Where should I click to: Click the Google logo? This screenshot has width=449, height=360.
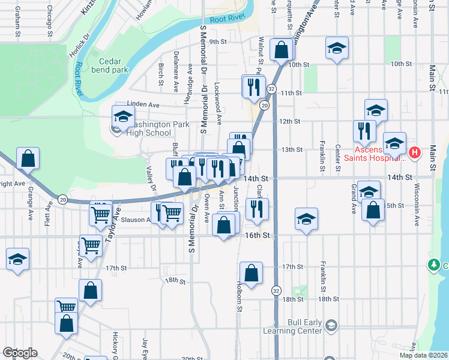(x=20, y=353)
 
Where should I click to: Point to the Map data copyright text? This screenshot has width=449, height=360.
(x=424, y=355)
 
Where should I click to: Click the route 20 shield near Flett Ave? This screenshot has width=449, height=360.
(x=62, y=199)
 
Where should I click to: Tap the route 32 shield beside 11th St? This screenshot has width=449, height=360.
(x=271, y=89)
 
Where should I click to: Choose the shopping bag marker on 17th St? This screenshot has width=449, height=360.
(x=251, y=273)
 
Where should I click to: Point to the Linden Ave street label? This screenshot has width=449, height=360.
(x=142, y=104)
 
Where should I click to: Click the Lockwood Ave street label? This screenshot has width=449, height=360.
(x=218, y=100)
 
